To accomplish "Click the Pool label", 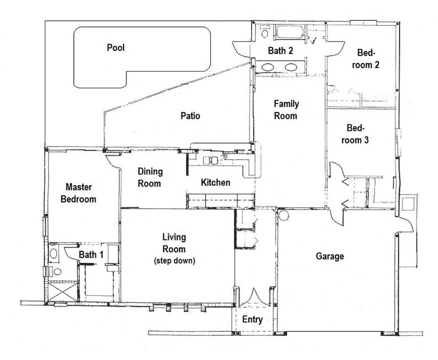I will pos(116,47).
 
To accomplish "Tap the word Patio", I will pos(190,116).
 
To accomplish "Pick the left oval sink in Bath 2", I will pos(268,67).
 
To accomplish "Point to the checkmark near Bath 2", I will pos(314,41).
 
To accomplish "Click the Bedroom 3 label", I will pos(357,134).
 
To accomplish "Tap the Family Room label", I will pos(286,110).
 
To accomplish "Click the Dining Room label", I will pos(150,177).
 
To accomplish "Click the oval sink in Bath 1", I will pos(53,253).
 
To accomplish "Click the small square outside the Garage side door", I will pos(409,204).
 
